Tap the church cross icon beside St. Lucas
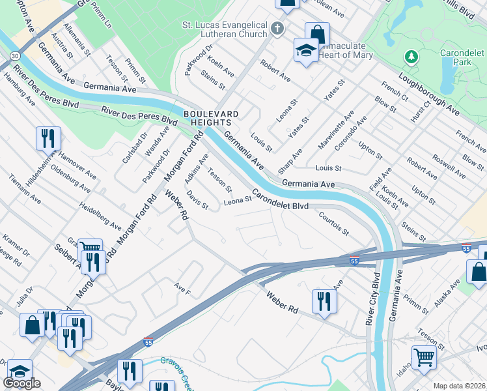coord(278,28)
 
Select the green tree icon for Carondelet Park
coord(411,57)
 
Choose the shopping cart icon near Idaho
coord(423,357)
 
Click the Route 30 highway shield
coord(14,56)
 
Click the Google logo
coord(21,383)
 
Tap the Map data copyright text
coord(459,386)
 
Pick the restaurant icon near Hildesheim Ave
coord(49,138)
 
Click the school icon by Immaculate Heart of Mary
coord(305,50)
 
